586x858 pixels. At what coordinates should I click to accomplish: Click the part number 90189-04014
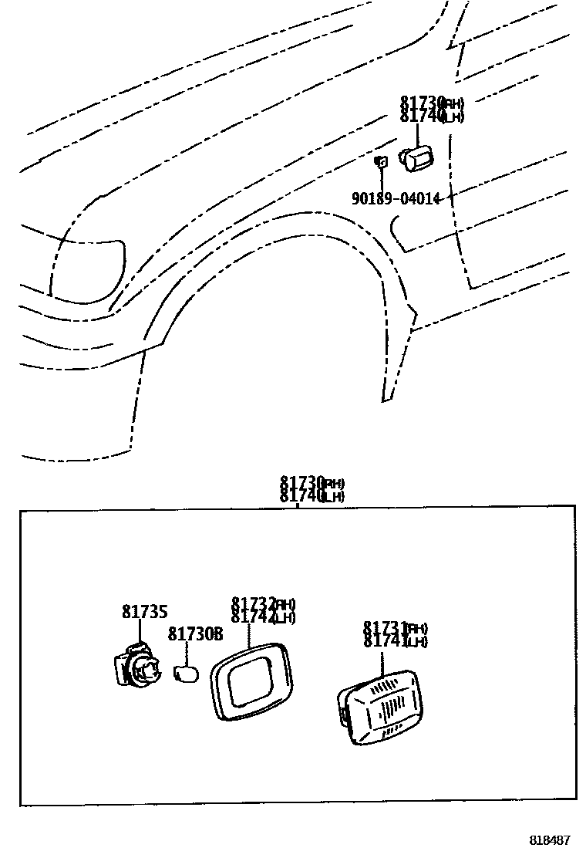(x=396, y=198)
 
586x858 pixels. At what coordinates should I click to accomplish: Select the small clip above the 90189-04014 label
(x=380, y=162)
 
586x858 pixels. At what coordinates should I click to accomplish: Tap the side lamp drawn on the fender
(x=416, y=159)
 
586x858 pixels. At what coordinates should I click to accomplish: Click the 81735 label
(x=144, y=612)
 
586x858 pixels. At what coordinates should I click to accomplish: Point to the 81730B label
(x=195, y=634)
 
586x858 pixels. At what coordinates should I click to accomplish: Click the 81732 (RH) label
(x=263, y=603)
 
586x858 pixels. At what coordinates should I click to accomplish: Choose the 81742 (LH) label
(x=263, y=616)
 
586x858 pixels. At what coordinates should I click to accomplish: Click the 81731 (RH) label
(x=395, y=628)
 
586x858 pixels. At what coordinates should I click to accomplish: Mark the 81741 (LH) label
(x=395, y=641)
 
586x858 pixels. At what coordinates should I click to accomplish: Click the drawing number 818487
(x=549, y=839)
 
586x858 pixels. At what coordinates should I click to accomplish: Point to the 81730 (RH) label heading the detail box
(x=312, y=483)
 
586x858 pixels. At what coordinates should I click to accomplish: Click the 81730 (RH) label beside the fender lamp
(x=431, y=103)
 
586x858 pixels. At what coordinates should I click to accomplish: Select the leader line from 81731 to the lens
(x=382, y=664)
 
